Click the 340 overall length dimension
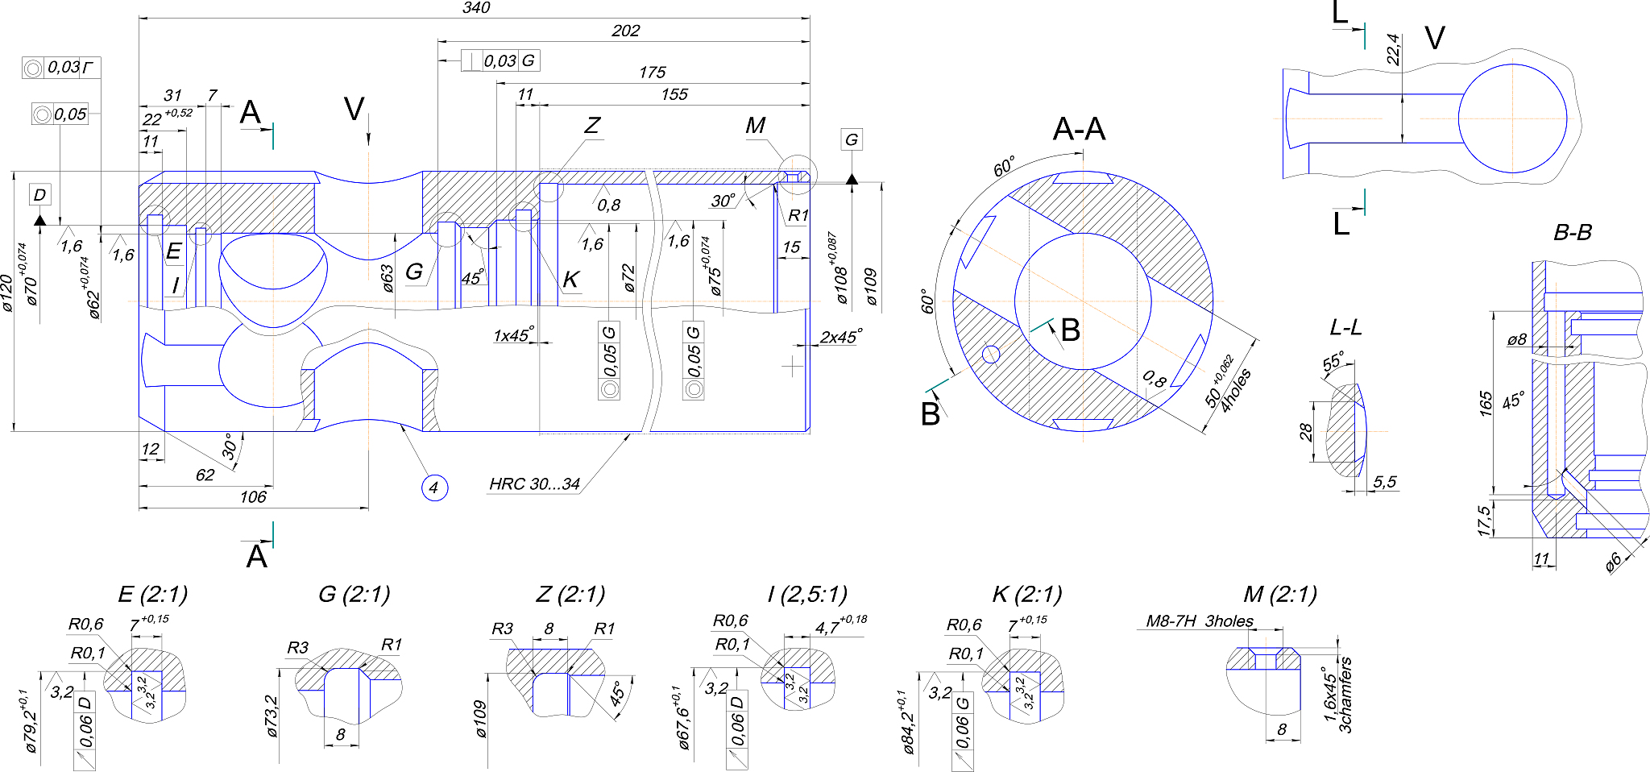[476, 8]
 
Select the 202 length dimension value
[625, 31]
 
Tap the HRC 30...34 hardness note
[534, 484]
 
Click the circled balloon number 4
[434, 488]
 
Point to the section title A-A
[1079, 129]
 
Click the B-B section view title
[1572, 233]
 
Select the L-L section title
[1345, 327]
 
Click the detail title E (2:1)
[153, 595]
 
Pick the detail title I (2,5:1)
[807, 595]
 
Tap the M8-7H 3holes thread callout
[1200, 621]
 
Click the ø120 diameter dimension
[7, 293]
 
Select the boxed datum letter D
[39, 194]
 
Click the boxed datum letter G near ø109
[852, 139]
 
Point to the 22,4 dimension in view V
[1394, 49]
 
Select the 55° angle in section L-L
[1333, 362]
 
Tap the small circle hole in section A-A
[992, 355]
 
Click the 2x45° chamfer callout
[841, 337]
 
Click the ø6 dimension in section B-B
[1614, 562]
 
